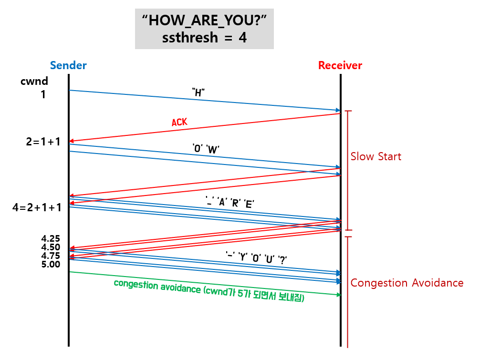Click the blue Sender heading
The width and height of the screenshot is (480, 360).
[x=69, y=65]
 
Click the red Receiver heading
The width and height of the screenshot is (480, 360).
[x=340, y=65]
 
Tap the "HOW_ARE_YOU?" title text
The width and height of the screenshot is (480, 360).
[x=204, y=21]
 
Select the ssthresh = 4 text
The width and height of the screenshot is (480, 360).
[x=204, y=38]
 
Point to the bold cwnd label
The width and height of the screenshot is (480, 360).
[x=34, y=81]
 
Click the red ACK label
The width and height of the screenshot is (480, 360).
[x=179, y=122]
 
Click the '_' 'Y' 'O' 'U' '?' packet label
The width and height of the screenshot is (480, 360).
[x=256, y=258]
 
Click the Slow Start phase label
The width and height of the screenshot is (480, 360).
[x=376, y=156]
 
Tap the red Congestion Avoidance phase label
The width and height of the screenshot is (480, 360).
[x=407, y=283]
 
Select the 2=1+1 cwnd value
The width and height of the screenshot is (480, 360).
[x=43, y=142]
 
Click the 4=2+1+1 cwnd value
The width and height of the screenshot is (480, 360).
[x=37, y=207]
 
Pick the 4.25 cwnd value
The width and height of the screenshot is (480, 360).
[x=51, y=238]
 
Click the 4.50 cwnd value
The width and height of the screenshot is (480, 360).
[x=51, y=247]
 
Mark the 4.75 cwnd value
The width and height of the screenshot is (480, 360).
[x=51, y=256]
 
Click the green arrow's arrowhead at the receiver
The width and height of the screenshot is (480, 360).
[x=339, y=295]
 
